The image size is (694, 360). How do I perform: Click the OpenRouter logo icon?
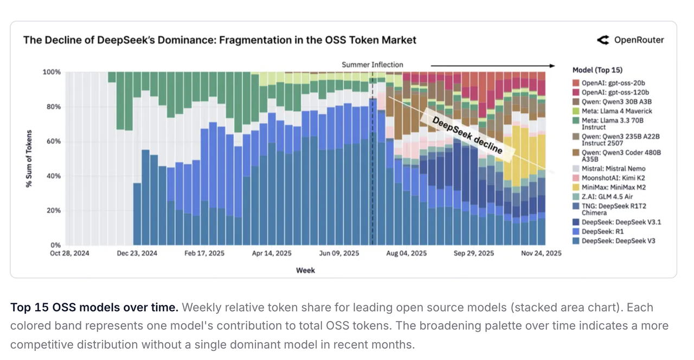pos(603,40)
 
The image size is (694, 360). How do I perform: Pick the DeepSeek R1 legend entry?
pos(602,232)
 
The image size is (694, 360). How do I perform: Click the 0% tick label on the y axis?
pos(55,245)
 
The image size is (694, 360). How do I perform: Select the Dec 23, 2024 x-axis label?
pos(137,253)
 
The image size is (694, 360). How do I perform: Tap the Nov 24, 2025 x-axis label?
pos(541,253)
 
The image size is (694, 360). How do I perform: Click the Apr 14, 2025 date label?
pos(272,253)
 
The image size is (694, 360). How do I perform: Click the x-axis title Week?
pos(305,270)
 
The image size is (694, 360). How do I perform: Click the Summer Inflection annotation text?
pos(372,65)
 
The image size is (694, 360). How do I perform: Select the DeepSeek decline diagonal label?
pos(467,135)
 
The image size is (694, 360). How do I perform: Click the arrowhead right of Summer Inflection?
pos(551,66)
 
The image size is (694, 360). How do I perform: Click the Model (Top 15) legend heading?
pos(597,70)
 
